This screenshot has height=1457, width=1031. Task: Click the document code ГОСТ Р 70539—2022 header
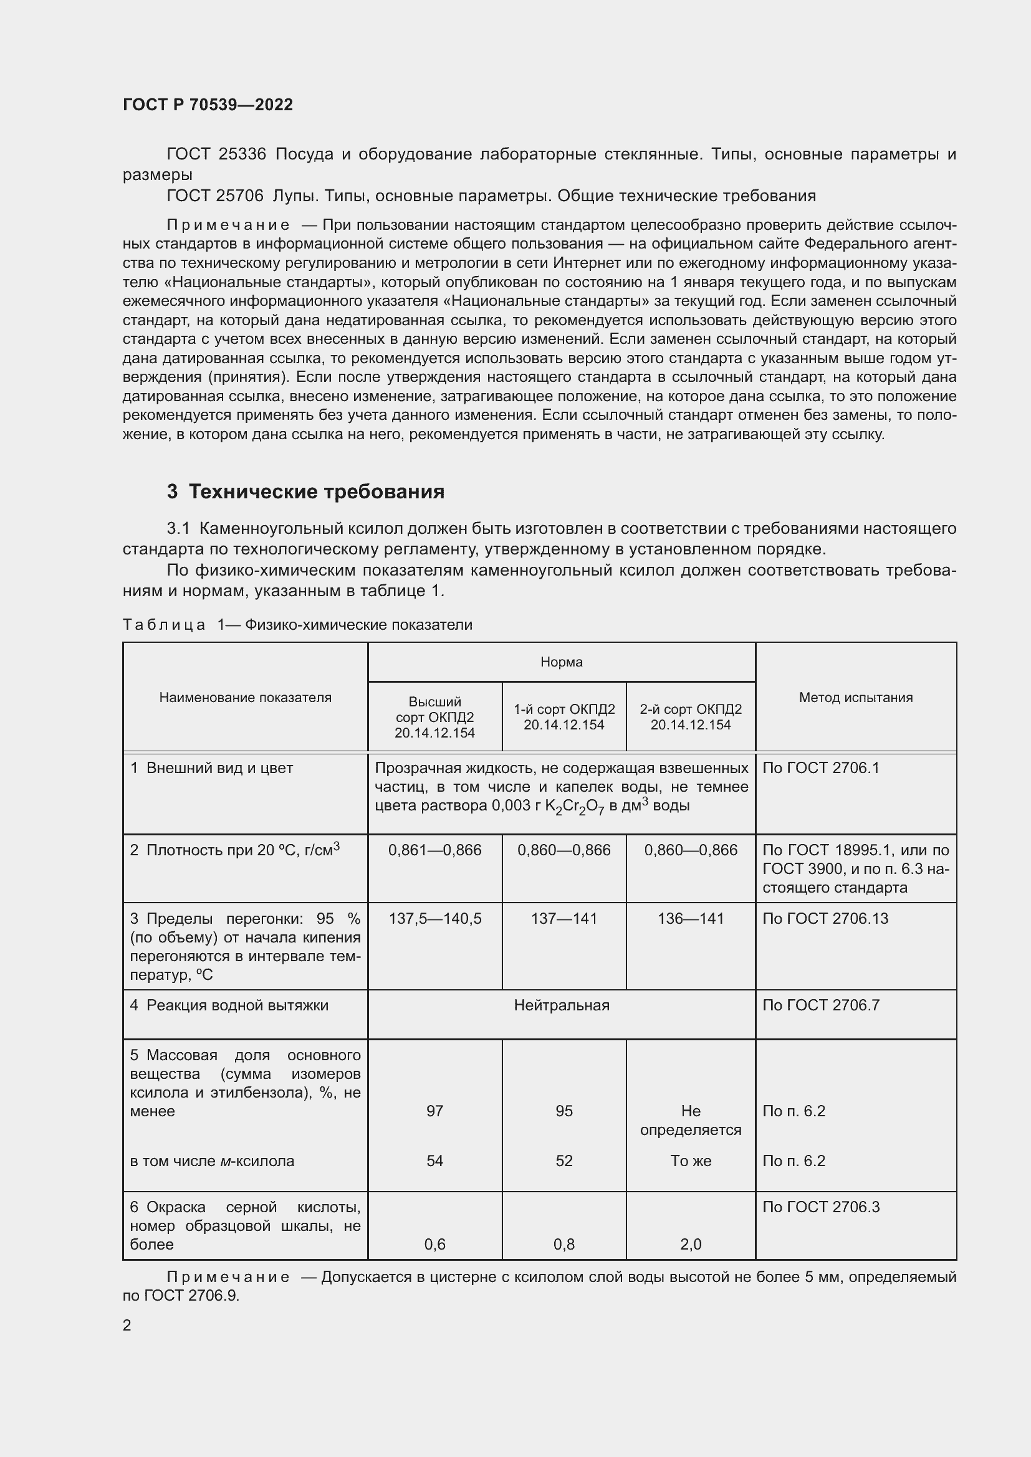pyautogui.click(x=208, y=105)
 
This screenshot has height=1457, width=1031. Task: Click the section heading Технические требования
pyautogui.click(x=315, y=492)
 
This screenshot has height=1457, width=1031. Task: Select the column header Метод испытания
pyautogui.click(x=855, y=698)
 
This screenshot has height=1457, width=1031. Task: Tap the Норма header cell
pyautogui.click(x=561, y=662)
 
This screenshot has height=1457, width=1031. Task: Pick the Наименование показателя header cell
pyautogui.click(x=245, y=698)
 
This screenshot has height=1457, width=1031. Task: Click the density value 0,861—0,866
pyautogui.click(x=435, y=850)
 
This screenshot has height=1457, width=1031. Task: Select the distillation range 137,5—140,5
pyautogui.click(x=435, y=918)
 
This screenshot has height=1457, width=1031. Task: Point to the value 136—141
pyautogui.click(x=690, y=918)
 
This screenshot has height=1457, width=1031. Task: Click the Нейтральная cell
pyautogui.click(x=561, y=1005)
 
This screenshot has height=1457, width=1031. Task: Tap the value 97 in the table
pyautogui.click(x=435, y=1111)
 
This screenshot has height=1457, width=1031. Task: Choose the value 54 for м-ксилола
pyautogui.click(x=435, y=1160)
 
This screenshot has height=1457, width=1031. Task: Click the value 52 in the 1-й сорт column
pyautogui.click(x=563, y=1160)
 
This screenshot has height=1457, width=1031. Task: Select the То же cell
pyautogui.click(x=690, y=1160)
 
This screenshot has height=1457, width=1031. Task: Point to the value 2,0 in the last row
pyautogui.click(x=690, y=1245)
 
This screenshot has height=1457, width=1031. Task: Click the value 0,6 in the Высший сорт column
pyautogui.click(x=435, y=1245)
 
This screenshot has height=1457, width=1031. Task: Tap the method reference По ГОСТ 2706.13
pyautogui.click(x=825, y=918)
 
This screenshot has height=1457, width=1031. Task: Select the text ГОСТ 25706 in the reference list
pyautogui.click(x=214, y=196)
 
